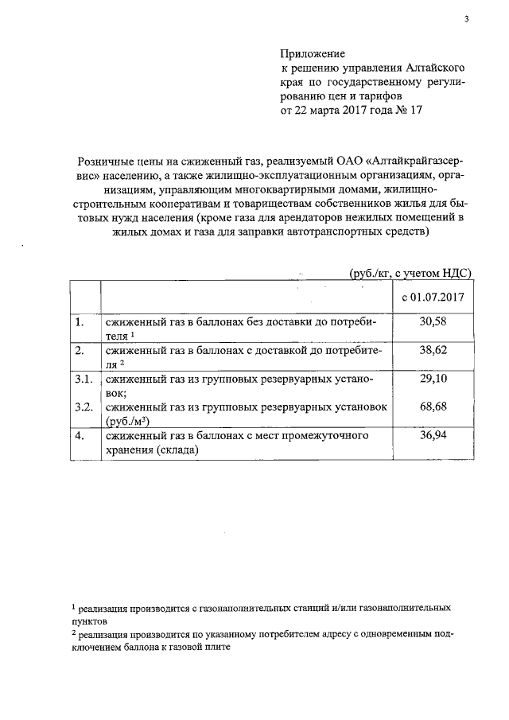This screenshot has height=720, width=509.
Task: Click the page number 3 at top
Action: click(468, 20)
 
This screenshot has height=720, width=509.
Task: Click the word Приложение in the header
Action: click(312, 54)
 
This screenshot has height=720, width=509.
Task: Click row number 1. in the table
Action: click(79, 322)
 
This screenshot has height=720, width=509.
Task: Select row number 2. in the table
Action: click(79, 350)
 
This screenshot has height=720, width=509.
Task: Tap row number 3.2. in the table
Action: click(84, 407)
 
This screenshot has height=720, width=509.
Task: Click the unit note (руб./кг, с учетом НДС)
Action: click(410, 272)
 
